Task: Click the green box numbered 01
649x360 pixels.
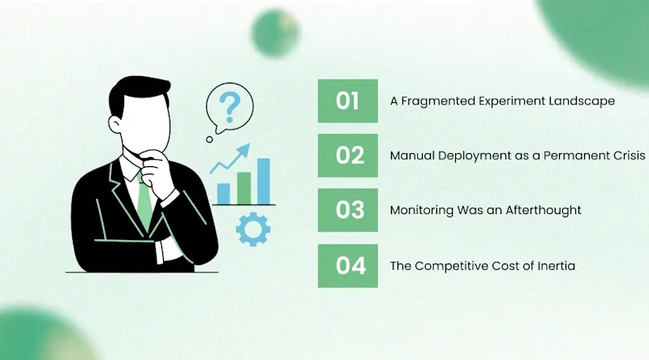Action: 348,101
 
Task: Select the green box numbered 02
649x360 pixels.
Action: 348,156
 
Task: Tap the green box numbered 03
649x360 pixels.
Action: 348,210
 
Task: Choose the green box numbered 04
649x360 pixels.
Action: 348,266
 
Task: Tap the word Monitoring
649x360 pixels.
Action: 422,211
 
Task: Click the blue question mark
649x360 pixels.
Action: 230,108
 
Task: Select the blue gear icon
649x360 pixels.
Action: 253,229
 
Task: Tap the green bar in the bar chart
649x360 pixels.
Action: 244,188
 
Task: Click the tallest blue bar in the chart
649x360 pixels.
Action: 263,182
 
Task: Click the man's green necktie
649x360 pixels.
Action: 144,202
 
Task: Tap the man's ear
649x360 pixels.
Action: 114,124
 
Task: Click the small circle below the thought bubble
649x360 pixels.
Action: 209,139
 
